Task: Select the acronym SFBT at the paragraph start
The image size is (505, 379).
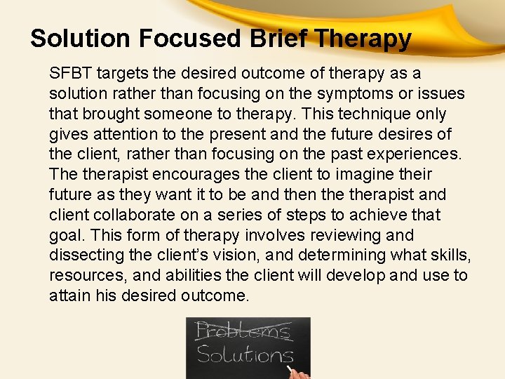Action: [x=72, y=73]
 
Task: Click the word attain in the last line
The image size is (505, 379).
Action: [x=69, y=296]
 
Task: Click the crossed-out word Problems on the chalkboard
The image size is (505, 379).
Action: [x=243, y=330]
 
